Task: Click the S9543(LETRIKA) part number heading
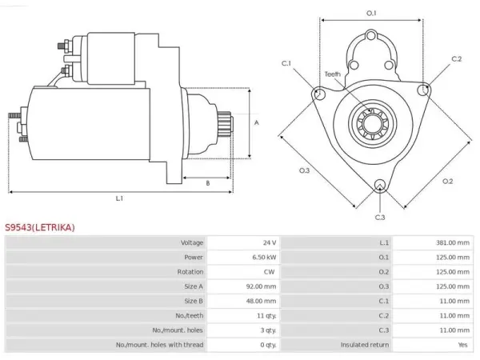click(x=40, y=227)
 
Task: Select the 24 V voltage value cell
click(x=270, y=242)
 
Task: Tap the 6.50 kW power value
click(x=264, y=257)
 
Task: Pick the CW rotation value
click(x=269, y=272)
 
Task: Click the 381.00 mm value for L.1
click(x=453, y=242)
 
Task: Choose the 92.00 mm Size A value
click(x=261, y=286)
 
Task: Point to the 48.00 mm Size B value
click(x=261, y=301)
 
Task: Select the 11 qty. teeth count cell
click(x=266, y=316)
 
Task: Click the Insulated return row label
click(x=365, y=345)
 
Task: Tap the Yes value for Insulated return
click(x=463, y=345)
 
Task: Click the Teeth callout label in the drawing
click(x=333, y=74)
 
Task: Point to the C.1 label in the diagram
click(x=286, y=63)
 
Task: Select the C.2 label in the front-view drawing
click(x=457, y=58)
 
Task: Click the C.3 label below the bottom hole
click(x=380, y=218)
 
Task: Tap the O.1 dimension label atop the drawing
click(x=371, y=13)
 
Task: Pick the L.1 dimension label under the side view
click(x=119, y=198)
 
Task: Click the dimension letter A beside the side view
click(x=257, y=122)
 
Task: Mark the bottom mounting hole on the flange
click(x=380, y=186)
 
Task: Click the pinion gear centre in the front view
click(x=372, y=124)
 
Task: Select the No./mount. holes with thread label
click(x=159, y=345)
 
